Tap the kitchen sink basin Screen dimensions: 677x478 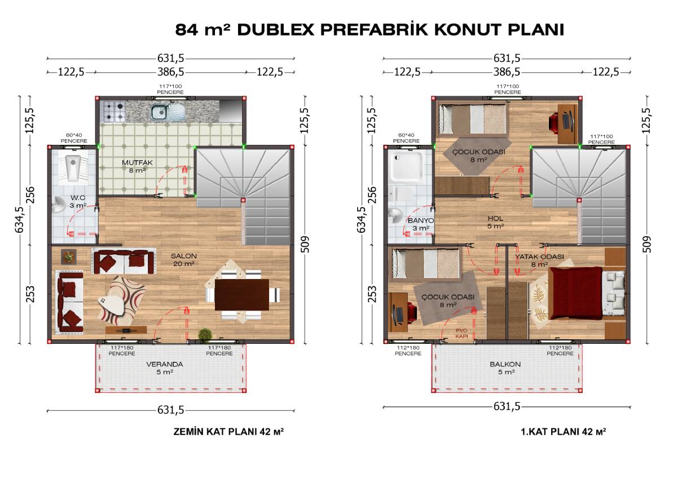point(159,112)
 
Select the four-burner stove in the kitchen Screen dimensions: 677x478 point(115,112)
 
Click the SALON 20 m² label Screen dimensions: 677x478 point(184,260)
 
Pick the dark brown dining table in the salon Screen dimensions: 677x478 point(242,295)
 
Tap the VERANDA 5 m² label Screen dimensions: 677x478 point(165,368)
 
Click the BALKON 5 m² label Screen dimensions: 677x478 point(505,368)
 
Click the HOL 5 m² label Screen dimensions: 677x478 point(495,222)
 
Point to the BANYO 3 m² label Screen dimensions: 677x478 point(421,224)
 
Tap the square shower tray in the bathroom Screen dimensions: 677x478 point(407,167)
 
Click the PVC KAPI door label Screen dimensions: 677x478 point(461,333)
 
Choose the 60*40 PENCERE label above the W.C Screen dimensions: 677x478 point(74,138)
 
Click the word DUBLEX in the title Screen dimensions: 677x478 point(276,30)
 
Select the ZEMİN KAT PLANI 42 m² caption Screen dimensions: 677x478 point(228,432)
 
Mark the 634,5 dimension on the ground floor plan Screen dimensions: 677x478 point(20,220)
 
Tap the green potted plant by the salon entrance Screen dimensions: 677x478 point(205,334)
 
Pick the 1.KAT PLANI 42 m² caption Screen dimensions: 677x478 point(564,432)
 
